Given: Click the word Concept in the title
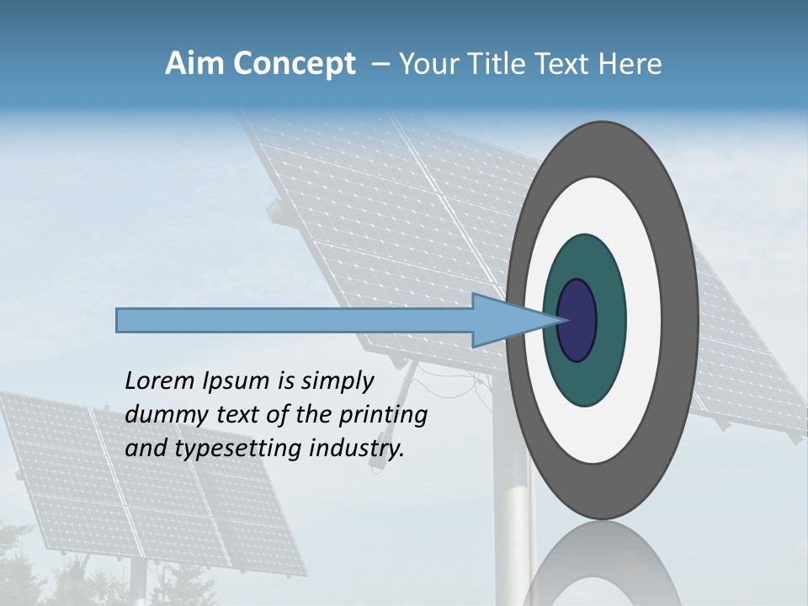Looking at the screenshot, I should tap(295, 65).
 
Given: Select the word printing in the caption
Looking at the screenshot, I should tap(382, 416).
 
